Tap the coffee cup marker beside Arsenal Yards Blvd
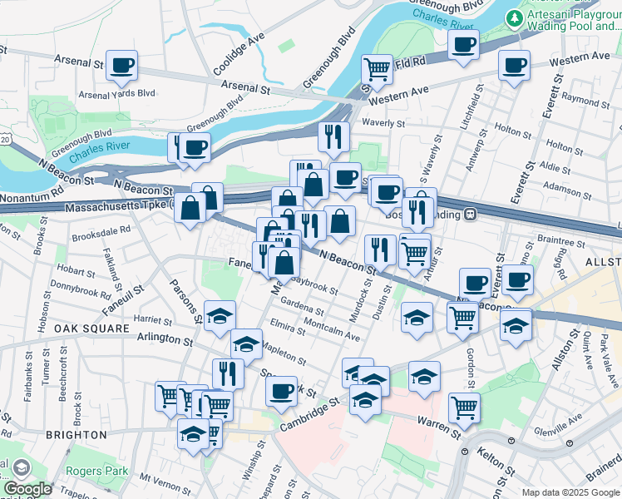click(x=121, y=66)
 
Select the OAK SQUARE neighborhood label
click(x=91, y=329)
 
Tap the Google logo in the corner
click(x=27, y=488)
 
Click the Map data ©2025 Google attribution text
click(x=570, y=492)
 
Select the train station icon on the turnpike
click(x=470, y=213)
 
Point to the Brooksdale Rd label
click(x=101, y=230)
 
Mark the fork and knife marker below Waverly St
click(x=333, y=137)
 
